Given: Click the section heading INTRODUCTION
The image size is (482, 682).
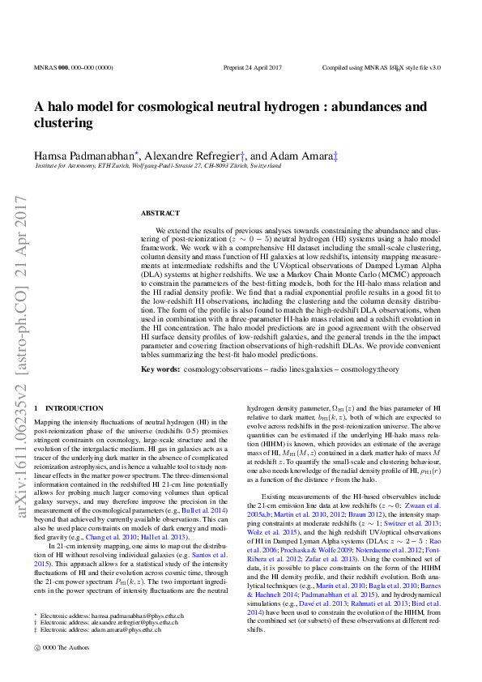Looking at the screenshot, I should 74,409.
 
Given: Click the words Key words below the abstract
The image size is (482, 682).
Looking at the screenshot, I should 160,369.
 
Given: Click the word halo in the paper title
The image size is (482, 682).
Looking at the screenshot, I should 62,107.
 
